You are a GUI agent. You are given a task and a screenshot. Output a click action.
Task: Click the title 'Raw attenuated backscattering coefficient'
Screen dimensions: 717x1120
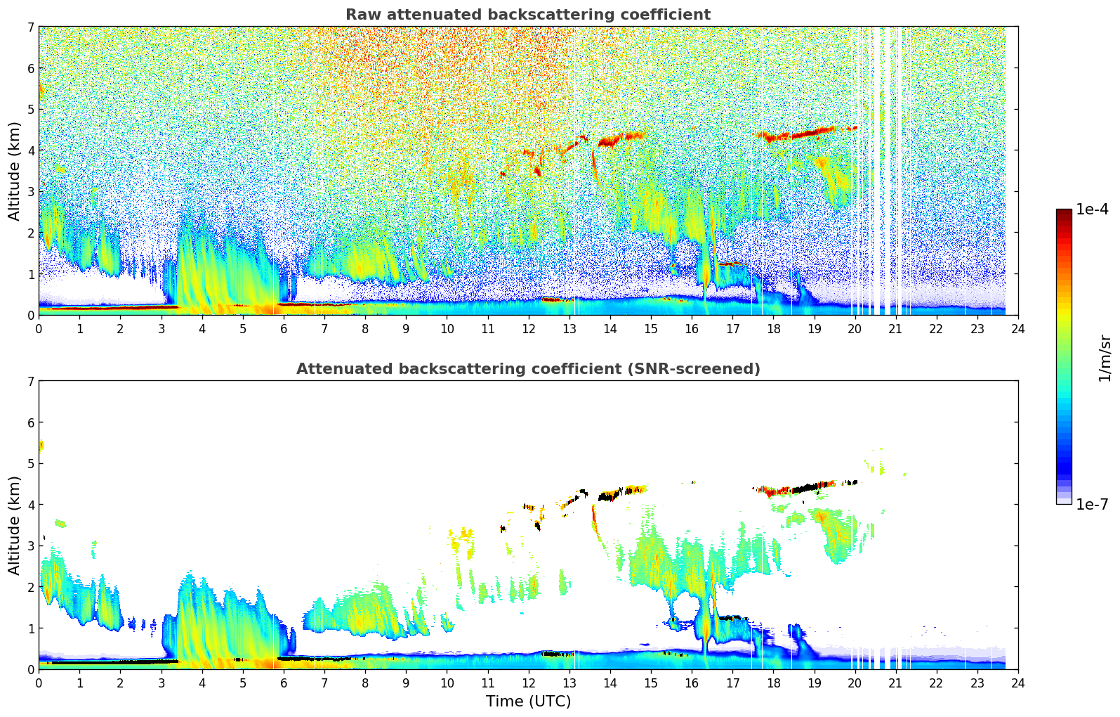pos(527,15)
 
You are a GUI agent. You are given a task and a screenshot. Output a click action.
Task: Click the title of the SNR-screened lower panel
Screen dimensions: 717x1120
pos(527,369)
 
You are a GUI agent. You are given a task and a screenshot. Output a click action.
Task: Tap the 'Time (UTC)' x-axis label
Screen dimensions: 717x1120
pos(528,702)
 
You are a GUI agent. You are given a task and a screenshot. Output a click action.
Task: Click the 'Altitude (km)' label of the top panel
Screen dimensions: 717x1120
pos(14,171)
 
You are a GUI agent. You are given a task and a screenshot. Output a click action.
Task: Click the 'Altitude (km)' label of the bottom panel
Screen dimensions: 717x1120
pos(14,525)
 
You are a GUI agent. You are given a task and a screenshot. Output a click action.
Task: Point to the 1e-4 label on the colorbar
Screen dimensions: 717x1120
pos(1092,209)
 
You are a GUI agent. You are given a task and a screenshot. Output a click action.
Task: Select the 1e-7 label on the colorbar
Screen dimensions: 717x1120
pos(1092,505)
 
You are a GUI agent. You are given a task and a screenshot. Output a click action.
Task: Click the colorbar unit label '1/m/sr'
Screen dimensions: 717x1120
pos(1105,358)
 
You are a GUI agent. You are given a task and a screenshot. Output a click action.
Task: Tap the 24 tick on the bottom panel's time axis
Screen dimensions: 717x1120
pos(1018,683)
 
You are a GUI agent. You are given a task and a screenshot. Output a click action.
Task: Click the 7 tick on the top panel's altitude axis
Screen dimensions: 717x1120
pos(30,27)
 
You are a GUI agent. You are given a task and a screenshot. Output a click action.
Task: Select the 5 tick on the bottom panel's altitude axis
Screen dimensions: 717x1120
pos(30,464)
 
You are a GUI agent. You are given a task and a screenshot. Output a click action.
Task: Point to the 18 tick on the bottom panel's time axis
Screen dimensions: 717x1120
pos(773,683)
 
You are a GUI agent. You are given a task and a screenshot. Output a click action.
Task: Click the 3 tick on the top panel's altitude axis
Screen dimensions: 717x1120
pos(30,192)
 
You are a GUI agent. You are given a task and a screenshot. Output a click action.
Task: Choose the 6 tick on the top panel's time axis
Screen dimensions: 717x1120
pos(284,328)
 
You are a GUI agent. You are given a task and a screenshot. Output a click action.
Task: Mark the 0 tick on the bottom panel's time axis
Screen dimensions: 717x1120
pos(39,683)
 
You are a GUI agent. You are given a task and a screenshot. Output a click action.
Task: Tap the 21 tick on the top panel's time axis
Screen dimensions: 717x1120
pos(895,328)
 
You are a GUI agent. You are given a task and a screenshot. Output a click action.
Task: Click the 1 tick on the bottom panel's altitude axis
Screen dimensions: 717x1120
pos(30,628)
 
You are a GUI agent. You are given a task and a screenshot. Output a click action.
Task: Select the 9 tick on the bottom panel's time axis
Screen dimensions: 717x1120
pos(406,683)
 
